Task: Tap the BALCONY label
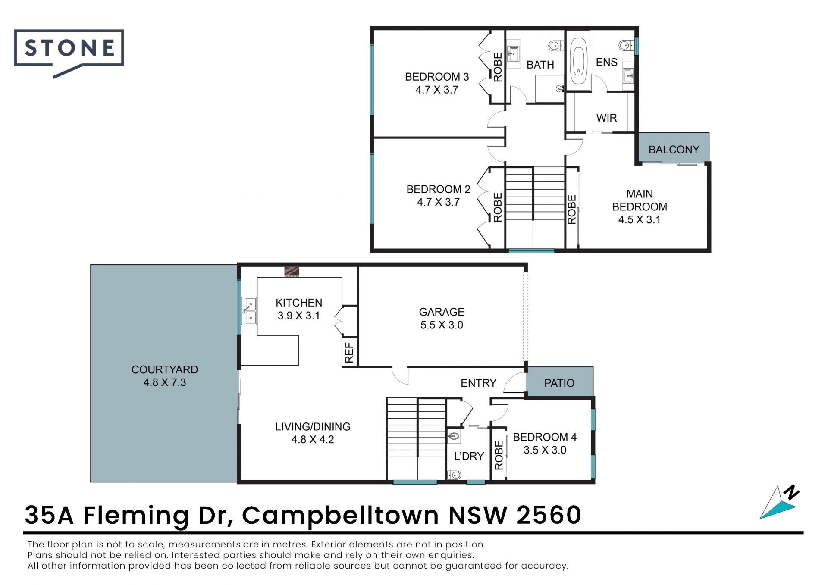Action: [674, 150]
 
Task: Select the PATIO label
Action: [559, 383]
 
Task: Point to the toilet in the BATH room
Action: [555, 45]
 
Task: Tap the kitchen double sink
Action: [249, 311]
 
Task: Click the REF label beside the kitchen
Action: [349, 352]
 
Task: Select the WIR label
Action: [606, 118]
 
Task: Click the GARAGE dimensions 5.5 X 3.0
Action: [442, 325]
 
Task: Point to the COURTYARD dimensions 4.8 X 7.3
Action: [165, 382]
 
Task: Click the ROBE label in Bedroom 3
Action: [498, 67]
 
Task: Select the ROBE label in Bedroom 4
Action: [499, 455]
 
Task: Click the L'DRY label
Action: [469, 456]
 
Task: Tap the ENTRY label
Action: [478, 383]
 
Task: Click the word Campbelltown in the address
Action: [340, 515]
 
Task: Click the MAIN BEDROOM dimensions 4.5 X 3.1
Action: [640, 220]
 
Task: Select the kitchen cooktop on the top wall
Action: [292, 272]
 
